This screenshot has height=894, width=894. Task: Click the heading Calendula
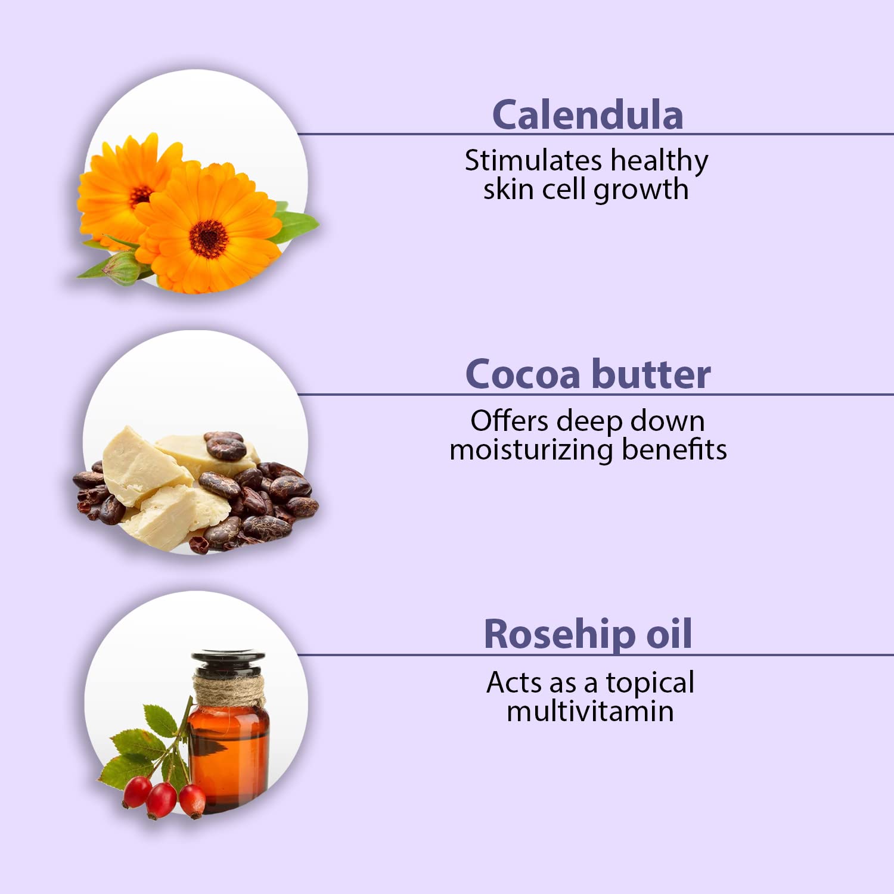588,115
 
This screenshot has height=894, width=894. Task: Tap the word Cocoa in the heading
523,375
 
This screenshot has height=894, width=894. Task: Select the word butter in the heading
651,375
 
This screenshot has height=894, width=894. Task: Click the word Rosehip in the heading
559,634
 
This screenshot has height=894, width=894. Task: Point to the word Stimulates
533,161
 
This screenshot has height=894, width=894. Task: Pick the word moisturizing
531,450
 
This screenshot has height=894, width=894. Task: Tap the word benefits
674,449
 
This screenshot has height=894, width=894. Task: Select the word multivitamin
590,711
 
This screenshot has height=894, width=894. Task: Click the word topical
650,683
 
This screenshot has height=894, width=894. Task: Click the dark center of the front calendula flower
209,239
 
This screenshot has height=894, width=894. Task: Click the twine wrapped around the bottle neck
229,690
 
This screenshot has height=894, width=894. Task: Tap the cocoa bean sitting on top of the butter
225,445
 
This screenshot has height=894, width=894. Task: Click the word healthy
659,161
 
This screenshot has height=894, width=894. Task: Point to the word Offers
509,421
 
